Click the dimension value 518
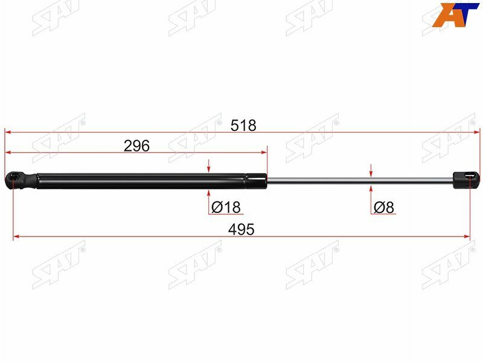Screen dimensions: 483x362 [x=243, y=125]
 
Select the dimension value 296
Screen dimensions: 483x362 [x=136, y=145]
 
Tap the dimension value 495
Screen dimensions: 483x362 [x=241, y=229]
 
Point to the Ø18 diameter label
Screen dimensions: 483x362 [x=226, y=207]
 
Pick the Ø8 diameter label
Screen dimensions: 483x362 [x=383, y=207]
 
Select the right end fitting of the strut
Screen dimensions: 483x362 [x=466, y=180]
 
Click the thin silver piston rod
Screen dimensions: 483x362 [x=360, y=180]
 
